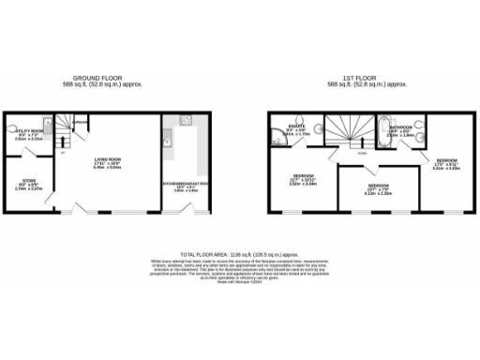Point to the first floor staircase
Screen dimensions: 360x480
336,130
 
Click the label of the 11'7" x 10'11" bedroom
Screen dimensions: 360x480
303,175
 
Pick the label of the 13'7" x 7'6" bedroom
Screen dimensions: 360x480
379,187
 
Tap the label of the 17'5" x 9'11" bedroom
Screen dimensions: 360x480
446,161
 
